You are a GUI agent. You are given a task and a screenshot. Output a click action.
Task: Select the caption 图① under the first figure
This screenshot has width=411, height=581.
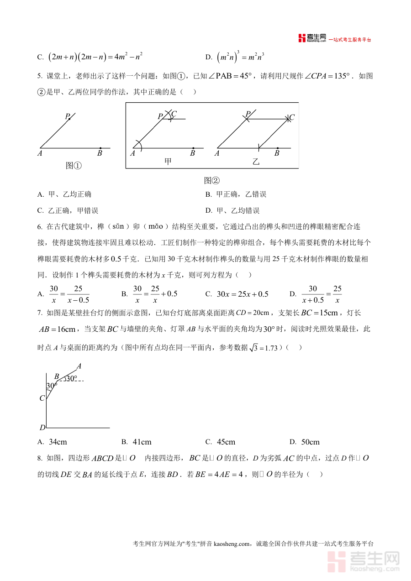[x=74, y=166]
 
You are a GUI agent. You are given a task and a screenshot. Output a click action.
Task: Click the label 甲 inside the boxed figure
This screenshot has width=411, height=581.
[x=168, y=161]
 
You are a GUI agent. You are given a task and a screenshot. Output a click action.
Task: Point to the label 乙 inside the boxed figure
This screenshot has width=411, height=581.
[x=256, y=161]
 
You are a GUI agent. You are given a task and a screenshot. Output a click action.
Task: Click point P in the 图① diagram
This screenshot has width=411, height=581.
[x=68, y=117]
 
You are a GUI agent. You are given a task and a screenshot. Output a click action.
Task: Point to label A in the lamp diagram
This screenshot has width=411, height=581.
[x=79, y=366]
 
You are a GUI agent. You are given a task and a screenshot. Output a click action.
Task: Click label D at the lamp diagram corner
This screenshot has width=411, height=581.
[x=42, y=428]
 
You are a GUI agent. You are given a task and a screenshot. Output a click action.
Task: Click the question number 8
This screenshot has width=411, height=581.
[x=39, y=458]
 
